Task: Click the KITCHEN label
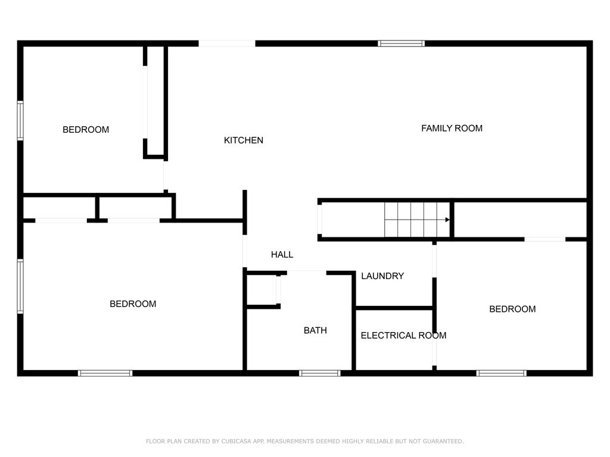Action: (244, 140)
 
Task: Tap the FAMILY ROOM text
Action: (452, 129)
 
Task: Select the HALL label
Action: (282, 255)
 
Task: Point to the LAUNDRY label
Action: (382, 276)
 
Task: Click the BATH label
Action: (315, 330)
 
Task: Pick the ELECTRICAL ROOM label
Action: (403, 336)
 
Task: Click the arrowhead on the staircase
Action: (447, 220)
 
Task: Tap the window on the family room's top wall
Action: (401, 43)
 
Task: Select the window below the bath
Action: (320, 373)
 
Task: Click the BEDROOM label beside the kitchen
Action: (86, 130)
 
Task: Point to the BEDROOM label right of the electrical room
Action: (512, 309)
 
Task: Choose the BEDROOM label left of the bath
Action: (133, 304)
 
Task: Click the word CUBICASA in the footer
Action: (236, 441)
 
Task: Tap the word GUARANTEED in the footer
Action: (443, 441)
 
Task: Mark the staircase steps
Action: (417, 220)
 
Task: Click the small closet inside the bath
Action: (262, 290)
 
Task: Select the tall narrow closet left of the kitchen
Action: (155, 101)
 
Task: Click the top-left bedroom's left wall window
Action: (20, 120)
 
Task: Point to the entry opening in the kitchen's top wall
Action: (227, 43)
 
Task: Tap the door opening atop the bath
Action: (307, 273)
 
